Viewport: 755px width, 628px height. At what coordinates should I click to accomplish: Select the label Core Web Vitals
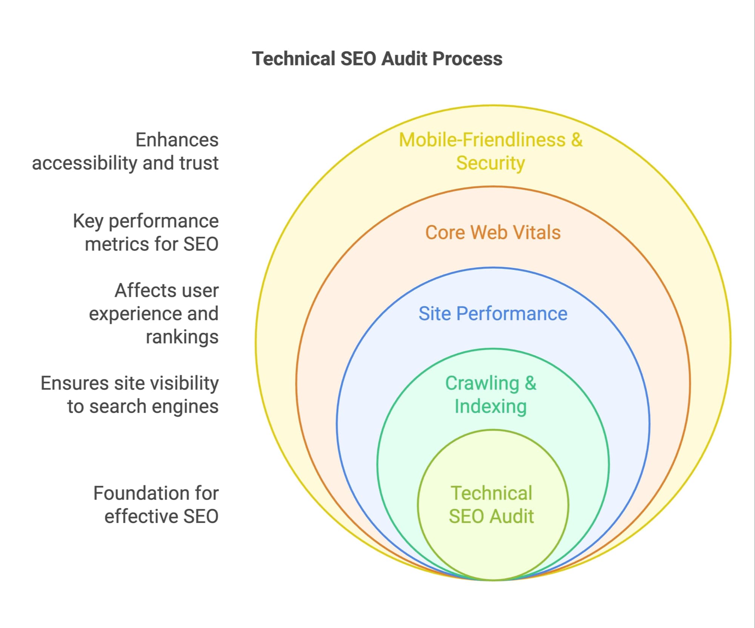click(x=493, y=232)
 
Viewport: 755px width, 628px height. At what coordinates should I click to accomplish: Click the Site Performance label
click(x=493, y=313)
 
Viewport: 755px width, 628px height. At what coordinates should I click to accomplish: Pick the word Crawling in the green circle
click(x=482, y=383)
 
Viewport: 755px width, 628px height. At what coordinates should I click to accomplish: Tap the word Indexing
click(x=491, y=407)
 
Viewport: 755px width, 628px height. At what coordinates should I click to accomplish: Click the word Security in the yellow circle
click(x=490, y=163)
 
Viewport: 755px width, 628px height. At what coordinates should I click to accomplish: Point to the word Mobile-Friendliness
click(x=482, y=140)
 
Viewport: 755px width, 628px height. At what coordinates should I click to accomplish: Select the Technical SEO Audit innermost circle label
click(x=491, y=505)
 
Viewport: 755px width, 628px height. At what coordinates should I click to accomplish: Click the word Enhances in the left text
click(x=177, y=140)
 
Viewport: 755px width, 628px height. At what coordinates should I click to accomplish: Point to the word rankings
click(x=182, y=337)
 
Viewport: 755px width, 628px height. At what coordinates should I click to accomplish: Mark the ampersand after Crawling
click(x=530, y=383)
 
